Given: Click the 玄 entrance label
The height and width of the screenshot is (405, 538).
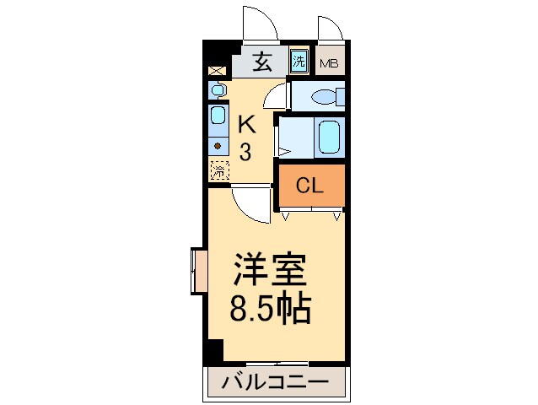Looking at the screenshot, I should tap(262, 61).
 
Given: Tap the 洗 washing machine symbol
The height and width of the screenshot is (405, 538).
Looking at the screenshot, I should tap(299, 61).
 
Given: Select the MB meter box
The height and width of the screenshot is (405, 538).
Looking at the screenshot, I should tap(329, 62).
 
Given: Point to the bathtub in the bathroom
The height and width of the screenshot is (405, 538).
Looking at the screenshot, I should tap(328, 135).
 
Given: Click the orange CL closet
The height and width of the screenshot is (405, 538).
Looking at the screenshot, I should tap(311, 186).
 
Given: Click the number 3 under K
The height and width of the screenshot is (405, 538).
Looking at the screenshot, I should tap(245, 153).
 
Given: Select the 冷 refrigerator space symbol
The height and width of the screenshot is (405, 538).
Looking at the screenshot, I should tap(218, 171).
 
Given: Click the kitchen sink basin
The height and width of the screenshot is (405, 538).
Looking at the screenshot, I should tap(218, 117).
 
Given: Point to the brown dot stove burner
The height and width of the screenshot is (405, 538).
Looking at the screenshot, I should tap(218, 145).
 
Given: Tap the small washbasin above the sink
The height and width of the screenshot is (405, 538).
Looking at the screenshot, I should tap(218, 89).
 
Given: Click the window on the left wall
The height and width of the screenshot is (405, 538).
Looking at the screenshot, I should tap(199, 271).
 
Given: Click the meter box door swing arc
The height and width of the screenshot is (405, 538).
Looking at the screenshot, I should tap(331, 28).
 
